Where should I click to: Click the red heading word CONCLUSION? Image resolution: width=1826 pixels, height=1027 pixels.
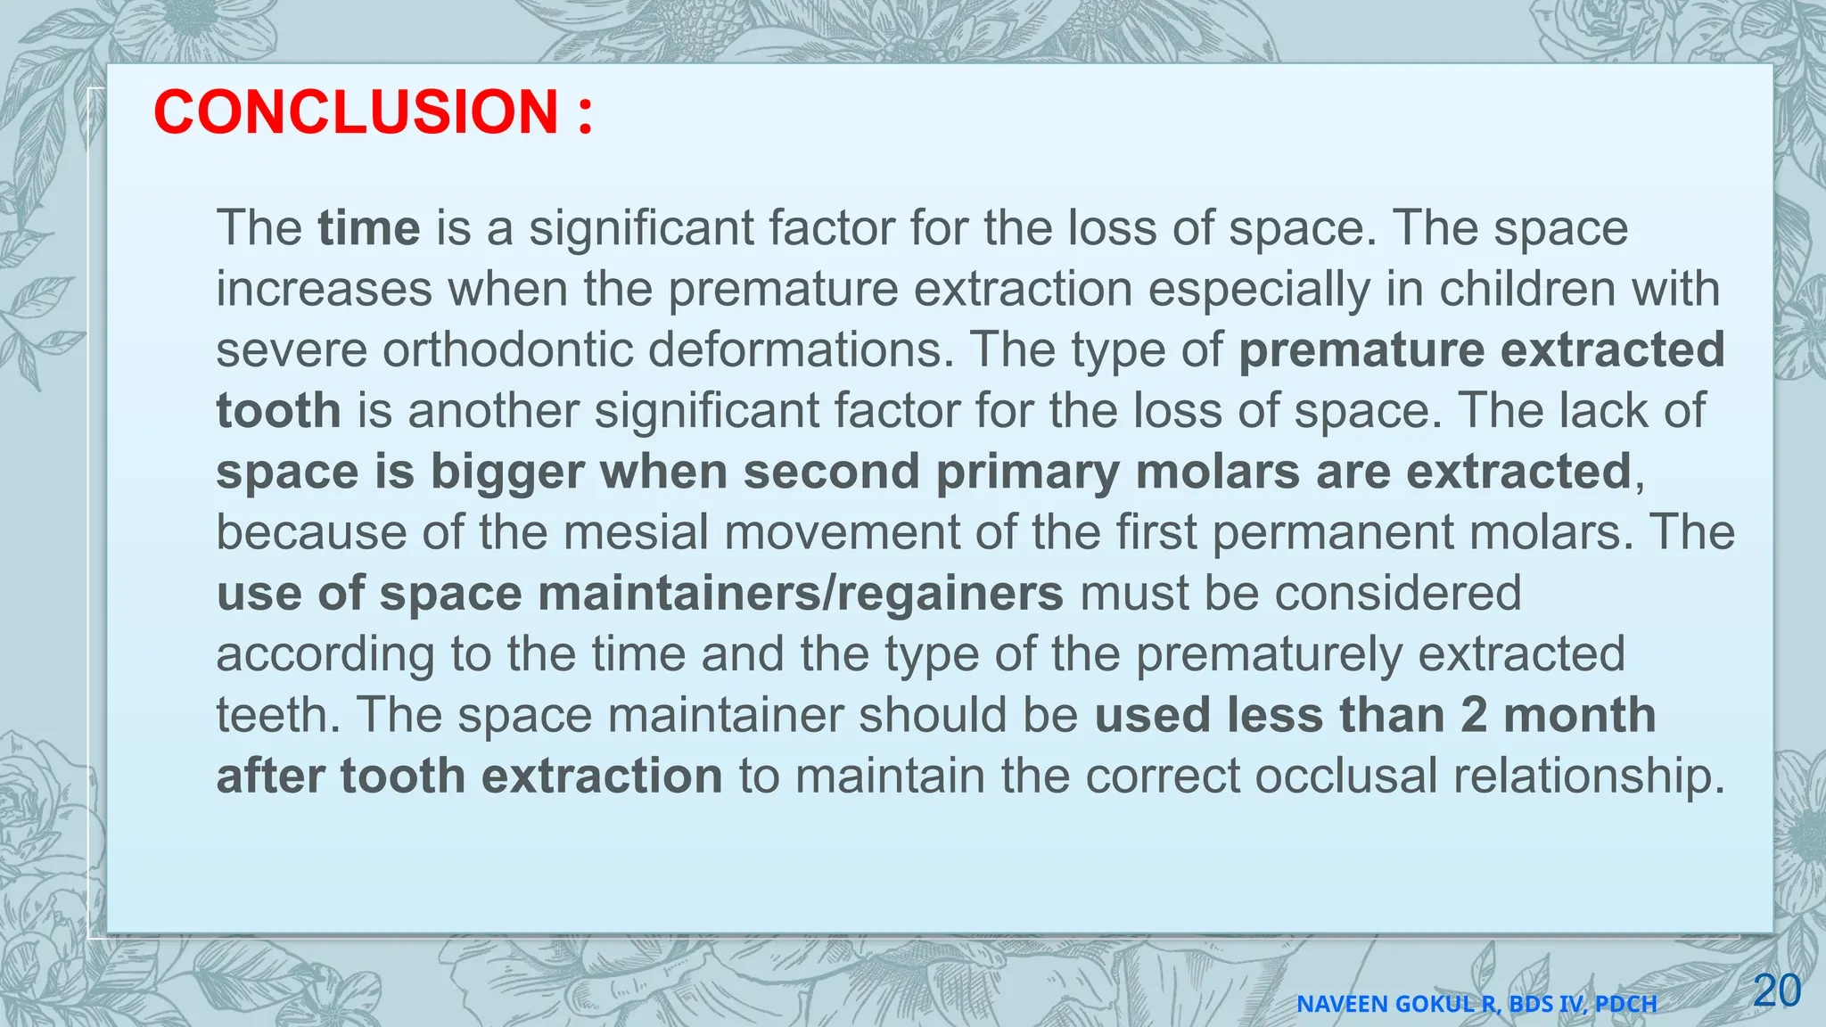click(356, 113)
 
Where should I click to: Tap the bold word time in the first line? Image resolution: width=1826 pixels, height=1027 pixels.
click(368, 228)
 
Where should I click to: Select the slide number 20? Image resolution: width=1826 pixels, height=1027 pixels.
click(1776, 991)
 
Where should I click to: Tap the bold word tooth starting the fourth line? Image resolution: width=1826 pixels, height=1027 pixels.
click(278, 411)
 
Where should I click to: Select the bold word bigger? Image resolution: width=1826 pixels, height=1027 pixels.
click(506, 472)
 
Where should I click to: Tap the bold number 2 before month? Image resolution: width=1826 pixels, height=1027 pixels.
click(1474, 715)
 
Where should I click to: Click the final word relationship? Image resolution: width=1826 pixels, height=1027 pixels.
click(1588, 776)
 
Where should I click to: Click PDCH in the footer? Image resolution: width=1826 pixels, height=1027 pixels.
click(1625, 1005)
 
